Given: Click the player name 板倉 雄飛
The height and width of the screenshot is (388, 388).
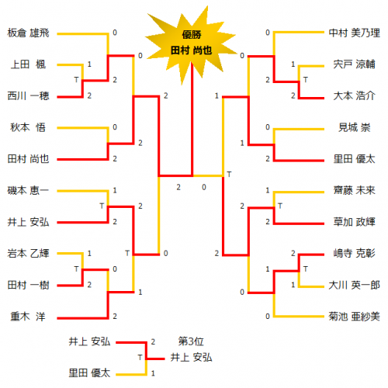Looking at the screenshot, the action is [x=28, y=33].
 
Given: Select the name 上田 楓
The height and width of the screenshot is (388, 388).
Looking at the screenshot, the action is [x=28, y=64].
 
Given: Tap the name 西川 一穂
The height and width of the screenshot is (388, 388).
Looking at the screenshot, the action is [x=28, y=96].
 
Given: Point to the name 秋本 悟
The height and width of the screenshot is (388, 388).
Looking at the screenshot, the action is [x=28, y=127].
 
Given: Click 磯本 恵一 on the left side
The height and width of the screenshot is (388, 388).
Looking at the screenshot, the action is [x=28, y=191].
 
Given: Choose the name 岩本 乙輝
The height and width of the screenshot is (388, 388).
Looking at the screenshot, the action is [x=28, y=254].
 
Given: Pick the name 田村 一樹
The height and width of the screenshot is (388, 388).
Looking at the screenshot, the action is [x=28, y=285].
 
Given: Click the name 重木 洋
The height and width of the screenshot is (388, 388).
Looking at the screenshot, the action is [x=28, y=317].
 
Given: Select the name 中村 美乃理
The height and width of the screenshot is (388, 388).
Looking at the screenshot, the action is [x=355, y=33].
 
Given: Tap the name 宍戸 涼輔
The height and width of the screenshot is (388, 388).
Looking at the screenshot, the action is [x=355, y=64].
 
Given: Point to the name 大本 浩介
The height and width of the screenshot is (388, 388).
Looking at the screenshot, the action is [x=355, y=96].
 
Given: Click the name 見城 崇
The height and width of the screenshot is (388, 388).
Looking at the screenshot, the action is [x=355, y=127].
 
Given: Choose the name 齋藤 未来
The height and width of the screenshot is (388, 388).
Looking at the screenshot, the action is [x=355, y=191].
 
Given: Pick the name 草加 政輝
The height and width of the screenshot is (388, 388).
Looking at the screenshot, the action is [x=355, y=222].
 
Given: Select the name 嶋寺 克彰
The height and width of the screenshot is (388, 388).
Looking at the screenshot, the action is [x=355, y=254].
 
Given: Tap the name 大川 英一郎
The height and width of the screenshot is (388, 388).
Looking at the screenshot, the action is [x=355, y=285].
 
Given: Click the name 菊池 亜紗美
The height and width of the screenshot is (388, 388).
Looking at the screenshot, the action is [x=355, y=317].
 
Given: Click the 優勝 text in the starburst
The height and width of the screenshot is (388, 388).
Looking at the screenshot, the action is [x=192, y=35].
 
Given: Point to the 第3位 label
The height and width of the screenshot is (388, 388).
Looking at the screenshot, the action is [x=191, y=341].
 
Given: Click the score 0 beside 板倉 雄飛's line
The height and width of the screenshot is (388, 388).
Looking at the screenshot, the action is [x=115, y=33].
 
